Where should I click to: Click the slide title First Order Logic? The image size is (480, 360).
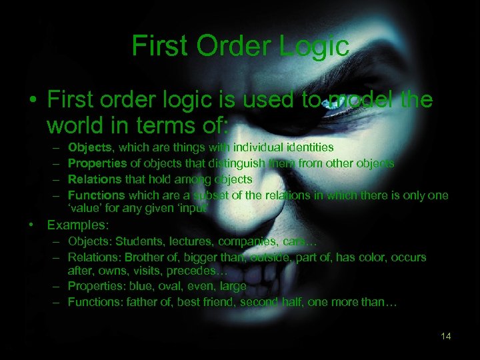240,46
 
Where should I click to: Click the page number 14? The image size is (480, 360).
446,336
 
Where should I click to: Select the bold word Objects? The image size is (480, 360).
90,147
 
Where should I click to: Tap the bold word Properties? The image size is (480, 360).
97,163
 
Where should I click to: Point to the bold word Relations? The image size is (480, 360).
94,179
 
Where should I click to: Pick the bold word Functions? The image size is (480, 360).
96,195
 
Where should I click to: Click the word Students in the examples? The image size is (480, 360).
135,241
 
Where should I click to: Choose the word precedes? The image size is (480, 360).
201,271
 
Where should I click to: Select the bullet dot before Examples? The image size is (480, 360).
31,225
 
